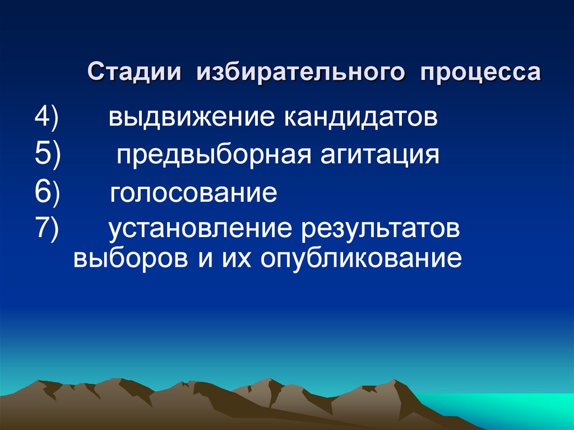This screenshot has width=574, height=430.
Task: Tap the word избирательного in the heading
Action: point(299,73)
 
